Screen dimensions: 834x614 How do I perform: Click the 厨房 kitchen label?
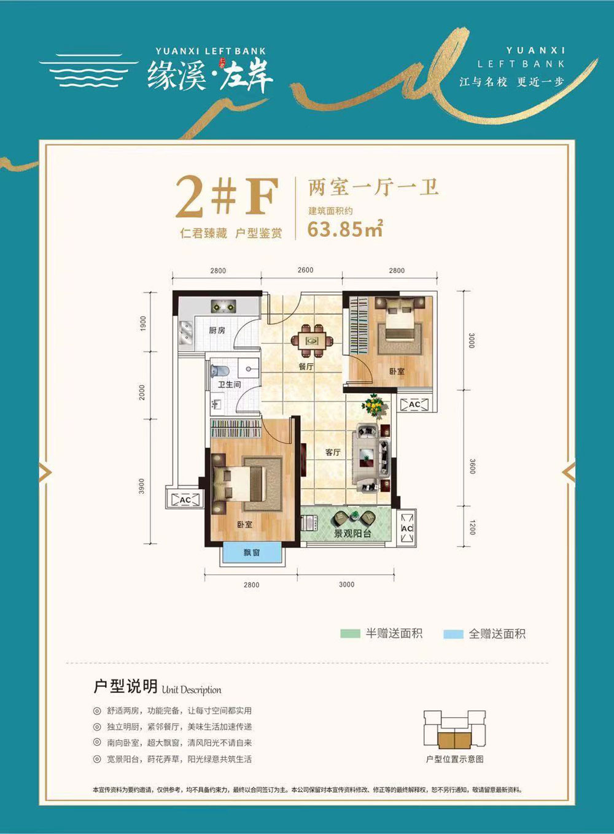217,331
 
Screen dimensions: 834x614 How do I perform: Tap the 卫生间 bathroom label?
229,385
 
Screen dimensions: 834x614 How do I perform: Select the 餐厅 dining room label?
306,367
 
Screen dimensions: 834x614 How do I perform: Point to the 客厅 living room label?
333,452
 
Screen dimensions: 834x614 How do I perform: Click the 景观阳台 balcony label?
352,534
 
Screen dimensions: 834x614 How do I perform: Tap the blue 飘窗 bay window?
252,552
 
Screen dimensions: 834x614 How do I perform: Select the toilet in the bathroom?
219,371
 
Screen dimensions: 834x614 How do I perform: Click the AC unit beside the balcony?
406,527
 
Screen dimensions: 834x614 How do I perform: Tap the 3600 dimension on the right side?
472,466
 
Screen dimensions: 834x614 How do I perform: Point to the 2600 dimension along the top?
305,270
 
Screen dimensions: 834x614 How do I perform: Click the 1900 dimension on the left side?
143,323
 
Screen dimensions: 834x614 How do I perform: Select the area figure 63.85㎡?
345,229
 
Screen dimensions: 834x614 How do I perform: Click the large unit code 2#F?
227,197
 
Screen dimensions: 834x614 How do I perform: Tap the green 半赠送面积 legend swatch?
350,633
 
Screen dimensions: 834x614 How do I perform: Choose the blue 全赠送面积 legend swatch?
453,634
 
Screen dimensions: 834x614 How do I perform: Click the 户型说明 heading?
125,686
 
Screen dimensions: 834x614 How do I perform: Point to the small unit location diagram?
454,730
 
